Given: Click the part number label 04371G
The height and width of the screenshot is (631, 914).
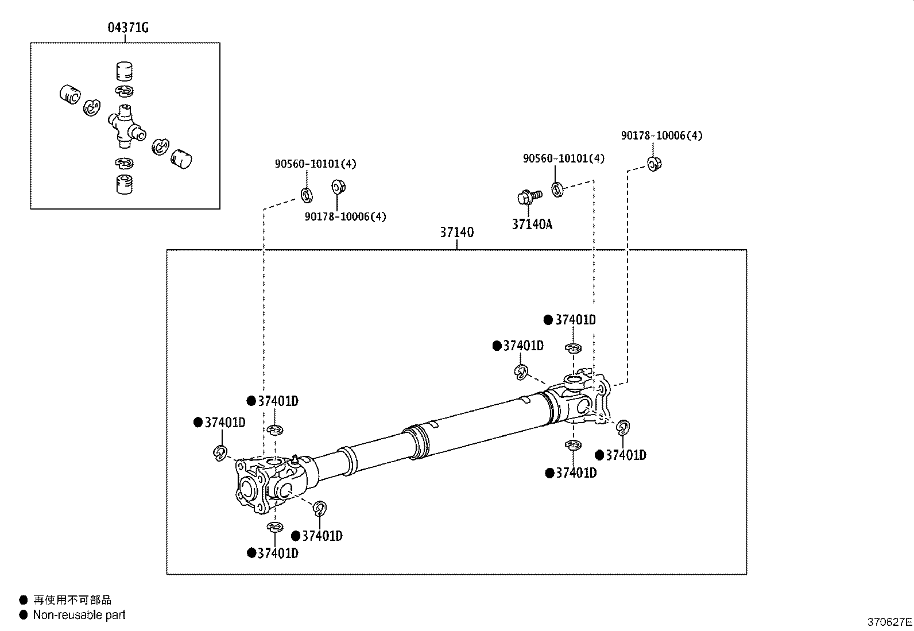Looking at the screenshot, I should [128, 27].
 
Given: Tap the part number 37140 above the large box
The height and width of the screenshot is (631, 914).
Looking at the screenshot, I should [456, 233].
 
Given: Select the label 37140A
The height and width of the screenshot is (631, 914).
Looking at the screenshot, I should [532, 224].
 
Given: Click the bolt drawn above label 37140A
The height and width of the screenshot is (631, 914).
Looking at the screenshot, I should [528, 197].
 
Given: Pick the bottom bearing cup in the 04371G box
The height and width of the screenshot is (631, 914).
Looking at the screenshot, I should [125, 184].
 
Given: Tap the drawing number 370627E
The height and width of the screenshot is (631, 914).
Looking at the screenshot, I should [889, 621].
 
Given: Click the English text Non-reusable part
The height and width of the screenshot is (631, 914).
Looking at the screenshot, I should [79, 615].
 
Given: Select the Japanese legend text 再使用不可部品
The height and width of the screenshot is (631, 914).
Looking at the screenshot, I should [72, 600].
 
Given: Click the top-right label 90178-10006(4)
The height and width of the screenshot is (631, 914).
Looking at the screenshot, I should [661, 136].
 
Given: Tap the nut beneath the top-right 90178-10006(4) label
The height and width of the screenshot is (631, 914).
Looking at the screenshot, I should [654, 164].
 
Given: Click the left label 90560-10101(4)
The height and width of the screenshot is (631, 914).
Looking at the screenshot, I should [315, 164].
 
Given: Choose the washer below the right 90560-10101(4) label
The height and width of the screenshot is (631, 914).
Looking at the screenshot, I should [557, 188].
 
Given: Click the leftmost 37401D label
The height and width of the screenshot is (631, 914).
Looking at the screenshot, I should [224, 423].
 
